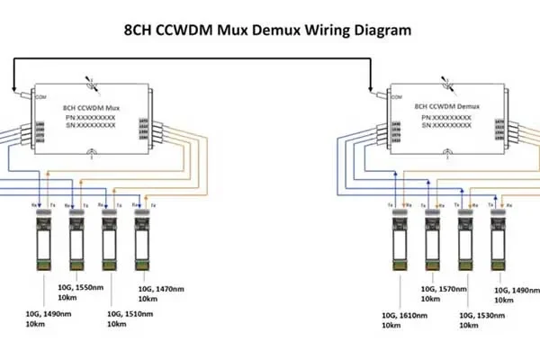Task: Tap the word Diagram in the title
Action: (376, 29)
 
